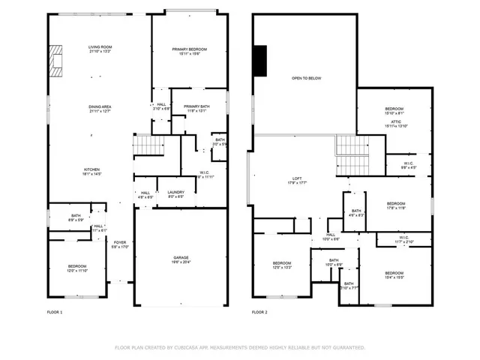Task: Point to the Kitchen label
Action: [x=91, y=171]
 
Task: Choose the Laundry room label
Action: [x=175, y=193]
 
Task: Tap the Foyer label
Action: [x=120, y=243]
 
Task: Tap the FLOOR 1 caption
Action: [x=55, y=311]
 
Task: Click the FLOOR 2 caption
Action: [x=259, y=311]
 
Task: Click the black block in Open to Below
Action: [x=260, y=61]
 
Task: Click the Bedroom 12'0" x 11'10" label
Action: [x=78, y=268]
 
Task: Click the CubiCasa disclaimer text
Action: [x=239, y=348]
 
